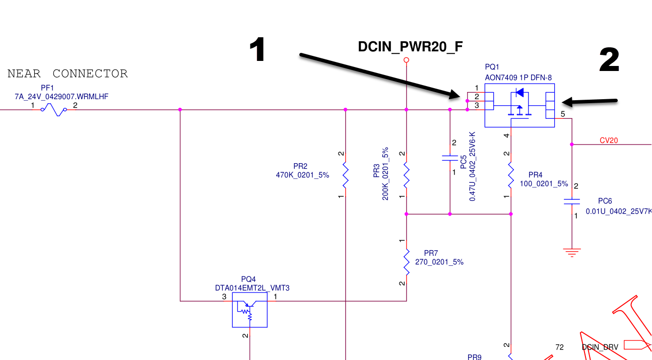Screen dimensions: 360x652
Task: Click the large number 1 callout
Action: (258, 51)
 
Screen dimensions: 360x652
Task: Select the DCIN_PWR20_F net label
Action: (410, 47)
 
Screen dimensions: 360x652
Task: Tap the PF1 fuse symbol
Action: (54, 109)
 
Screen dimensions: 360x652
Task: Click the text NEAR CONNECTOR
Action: (68, 74)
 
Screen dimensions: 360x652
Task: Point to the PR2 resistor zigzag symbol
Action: (345, 174)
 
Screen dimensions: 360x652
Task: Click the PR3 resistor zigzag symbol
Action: (407, 174)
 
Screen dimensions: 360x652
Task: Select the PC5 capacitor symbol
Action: (450, 158)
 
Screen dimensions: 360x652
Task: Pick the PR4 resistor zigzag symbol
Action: (511, 175)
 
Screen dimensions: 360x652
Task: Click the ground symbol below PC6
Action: (572, 252)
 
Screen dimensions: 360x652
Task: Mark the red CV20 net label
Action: (609, 140)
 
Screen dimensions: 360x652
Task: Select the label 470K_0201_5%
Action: (302, 175)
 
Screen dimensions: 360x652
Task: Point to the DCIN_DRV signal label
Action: (600, 347)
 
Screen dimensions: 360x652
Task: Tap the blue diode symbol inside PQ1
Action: (519, 93)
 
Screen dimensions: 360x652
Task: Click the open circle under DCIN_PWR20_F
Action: (407, 60)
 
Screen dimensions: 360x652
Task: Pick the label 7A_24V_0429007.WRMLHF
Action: (61, 96)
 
